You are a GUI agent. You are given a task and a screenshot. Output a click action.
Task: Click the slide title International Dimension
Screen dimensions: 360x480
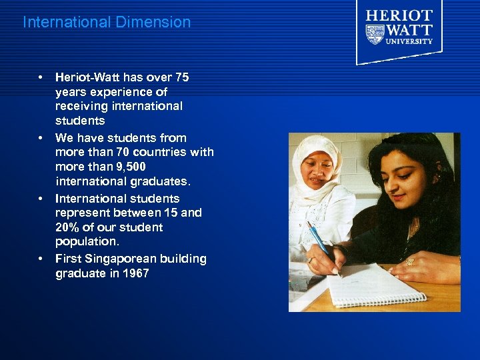tap(107, 22)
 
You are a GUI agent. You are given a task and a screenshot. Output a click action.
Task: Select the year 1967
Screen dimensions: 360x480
tap(135, 273)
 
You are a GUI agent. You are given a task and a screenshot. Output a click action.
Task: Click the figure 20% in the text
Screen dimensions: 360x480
tap(68, 227)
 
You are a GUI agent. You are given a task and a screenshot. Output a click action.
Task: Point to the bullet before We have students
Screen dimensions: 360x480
tap(41, 138)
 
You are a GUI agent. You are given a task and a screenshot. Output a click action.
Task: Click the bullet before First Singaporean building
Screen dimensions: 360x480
tap(41, 258)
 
